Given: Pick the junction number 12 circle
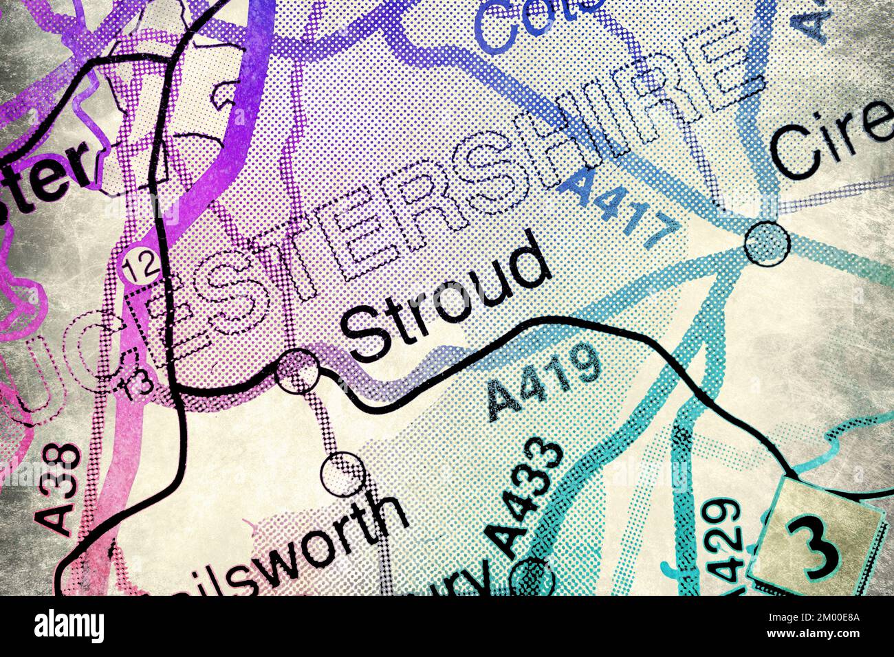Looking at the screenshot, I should [131, 265].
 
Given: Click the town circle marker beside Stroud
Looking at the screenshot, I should [297, 372].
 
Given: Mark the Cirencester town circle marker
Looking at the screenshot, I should [767, 243].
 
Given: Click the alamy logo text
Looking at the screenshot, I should [69, 626].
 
